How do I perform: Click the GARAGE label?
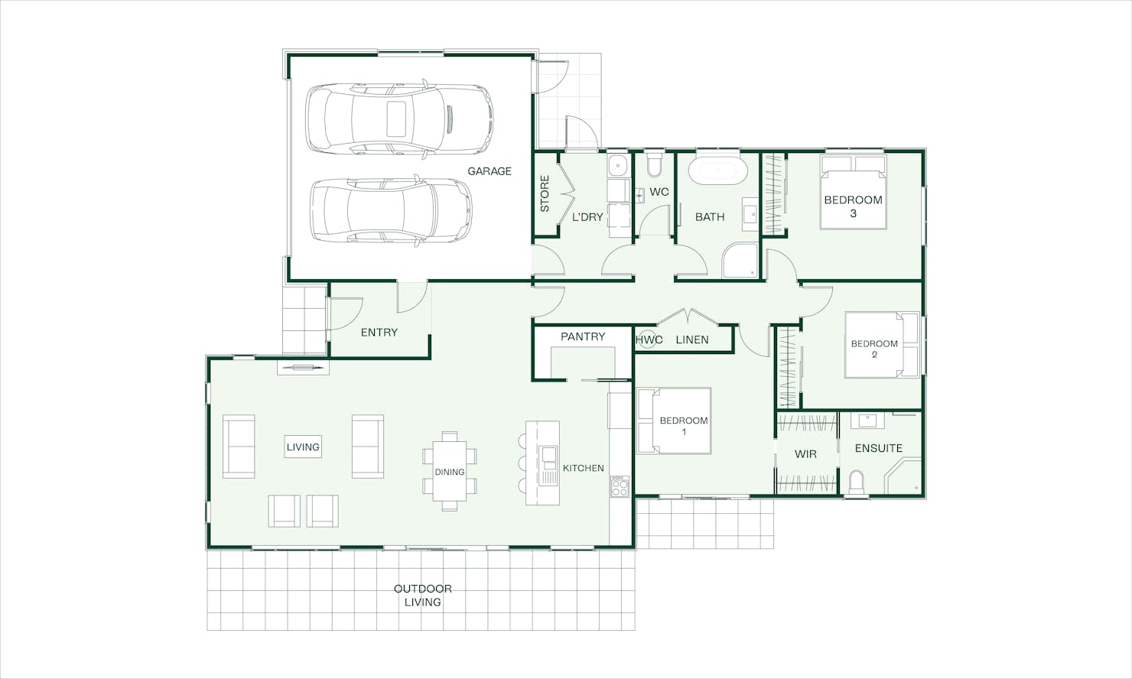click(x=490, y=171)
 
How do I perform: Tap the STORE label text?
click(x=545, y=193)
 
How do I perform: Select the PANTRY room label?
click(x=583, y=336)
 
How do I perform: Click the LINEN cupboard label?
click(x=692, y=339)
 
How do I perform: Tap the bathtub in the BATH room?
click(x=718, y=171)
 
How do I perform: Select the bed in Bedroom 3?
click(x=853, y=192)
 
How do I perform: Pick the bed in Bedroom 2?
click(x=882, y=345)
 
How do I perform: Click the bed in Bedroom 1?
click(x=674, y=421)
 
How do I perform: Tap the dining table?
click(x=450, y=471)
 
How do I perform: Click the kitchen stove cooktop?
click(x=620, y=486)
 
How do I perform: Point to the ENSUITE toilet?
click(x=856, y=482)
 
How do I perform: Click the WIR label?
click(x=805, y=454)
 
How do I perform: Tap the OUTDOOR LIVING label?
click(x=423, y=595)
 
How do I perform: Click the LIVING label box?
click(x=303, y=447)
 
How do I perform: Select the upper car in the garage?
click(x=399, y=119)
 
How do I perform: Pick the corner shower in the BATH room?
click(x=740, y=261)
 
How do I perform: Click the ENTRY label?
click(x=379, y=333)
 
